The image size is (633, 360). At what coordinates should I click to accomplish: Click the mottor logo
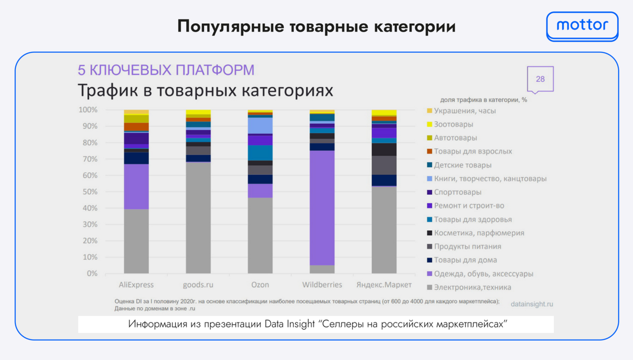(x=582, y=25)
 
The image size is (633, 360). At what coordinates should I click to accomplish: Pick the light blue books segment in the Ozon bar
(x=260, y=125)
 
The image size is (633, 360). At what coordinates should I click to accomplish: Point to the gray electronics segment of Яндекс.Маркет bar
(x=384, y=230)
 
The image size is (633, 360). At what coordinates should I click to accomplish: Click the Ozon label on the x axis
(x=260, y=285)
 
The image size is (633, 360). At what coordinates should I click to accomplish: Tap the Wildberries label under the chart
(x=322, y=285)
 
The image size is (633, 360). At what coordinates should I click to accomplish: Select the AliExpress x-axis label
(x=136, y=285)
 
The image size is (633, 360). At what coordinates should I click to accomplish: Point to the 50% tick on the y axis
(x=88, y=192)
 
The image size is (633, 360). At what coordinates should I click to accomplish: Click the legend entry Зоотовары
(x=454, y=124)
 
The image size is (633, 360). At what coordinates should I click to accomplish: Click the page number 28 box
(x=540, y=79)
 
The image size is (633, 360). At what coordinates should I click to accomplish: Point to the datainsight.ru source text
(x=533, y=305)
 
